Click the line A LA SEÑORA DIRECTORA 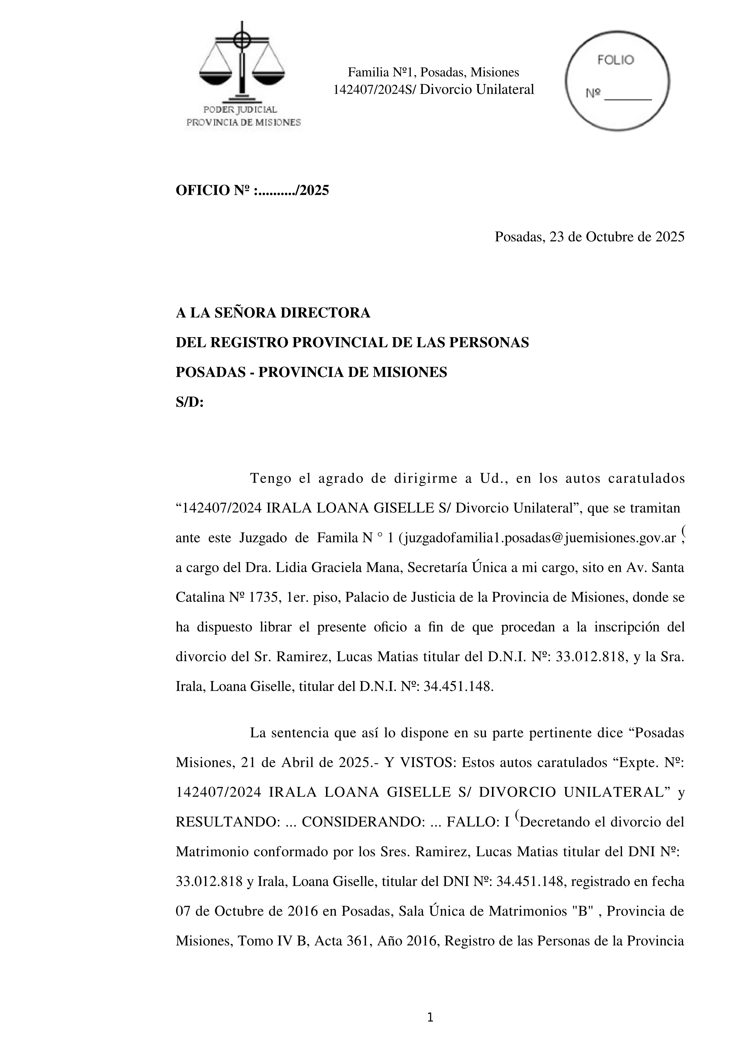(273, 313)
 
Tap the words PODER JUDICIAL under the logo (240, 109)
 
